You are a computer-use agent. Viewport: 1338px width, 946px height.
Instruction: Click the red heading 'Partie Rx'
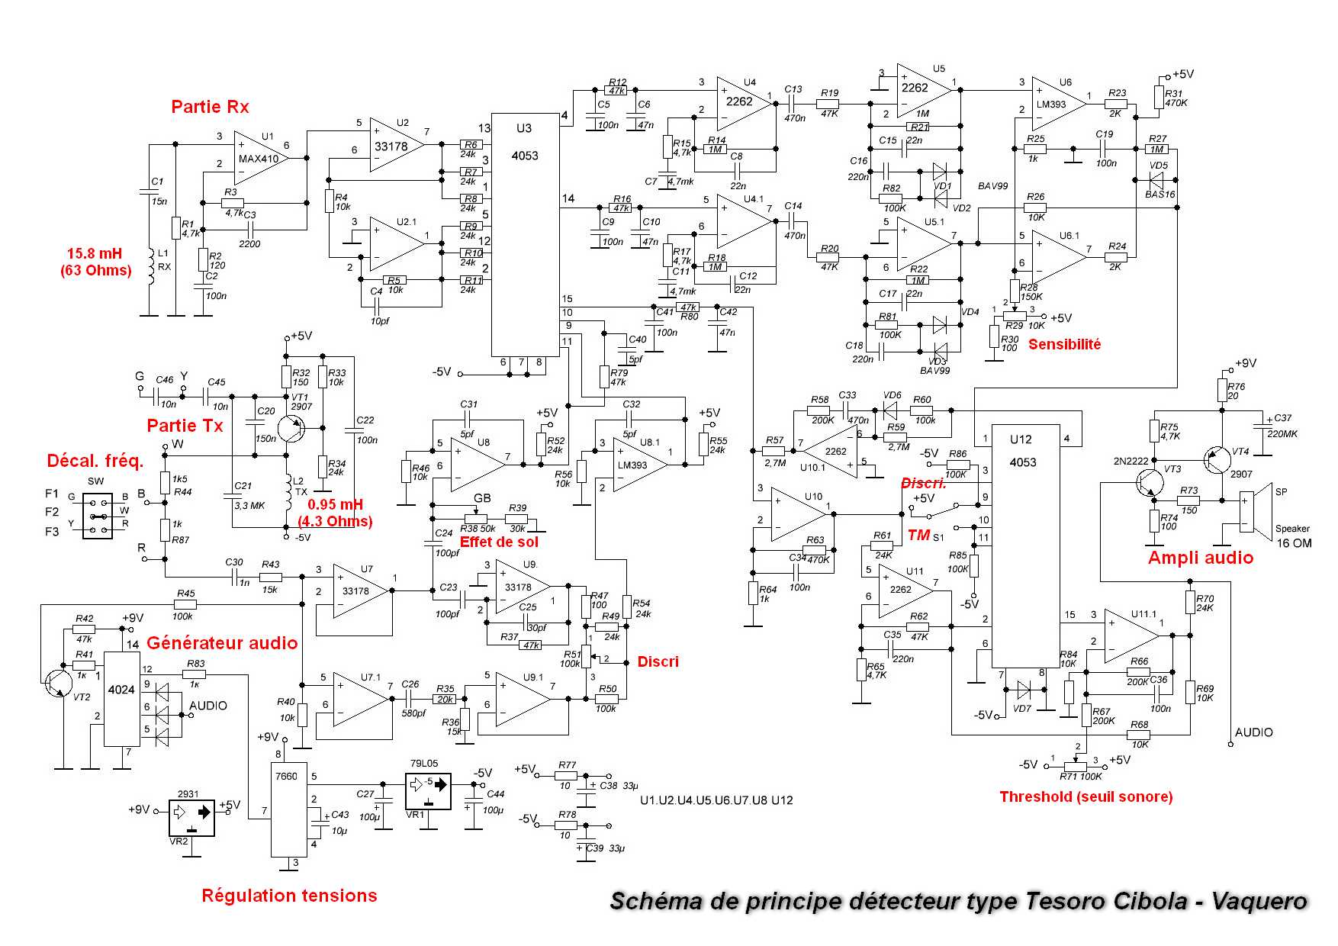tap(210, 107)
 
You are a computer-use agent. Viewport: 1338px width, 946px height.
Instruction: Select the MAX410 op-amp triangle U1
tap(259, 158)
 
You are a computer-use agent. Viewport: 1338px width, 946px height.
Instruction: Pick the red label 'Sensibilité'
tap(1064, 345)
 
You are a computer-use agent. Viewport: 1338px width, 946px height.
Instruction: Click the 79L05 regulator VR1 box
tap(428, 791)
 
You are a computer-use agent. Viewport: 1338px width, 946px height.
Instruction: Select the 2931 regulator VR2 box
tap(191, 818)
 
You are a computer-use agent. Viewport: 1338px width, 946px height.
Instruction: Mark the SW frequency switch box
tap(97, 516)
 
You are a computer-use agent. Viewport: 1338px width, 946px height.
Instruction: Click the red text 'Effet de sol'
tap(499, 542)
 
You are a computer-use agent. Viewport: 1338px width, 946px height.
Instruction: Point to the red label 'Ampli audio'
tap(1201, 558)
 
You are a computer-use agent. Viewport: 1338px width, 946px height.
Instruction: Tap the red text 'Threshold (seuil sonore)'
tap(1086, 797)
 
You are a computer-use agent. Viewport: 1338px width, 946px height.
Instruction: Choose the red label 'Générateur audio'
tap(222, 643)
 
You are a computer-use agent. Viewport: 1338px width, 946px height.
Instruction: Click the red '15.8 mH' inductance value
tap(95, 254)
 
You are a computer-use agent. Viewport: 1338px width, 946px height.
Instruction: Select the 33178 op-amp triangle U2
tap(394, 145)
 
